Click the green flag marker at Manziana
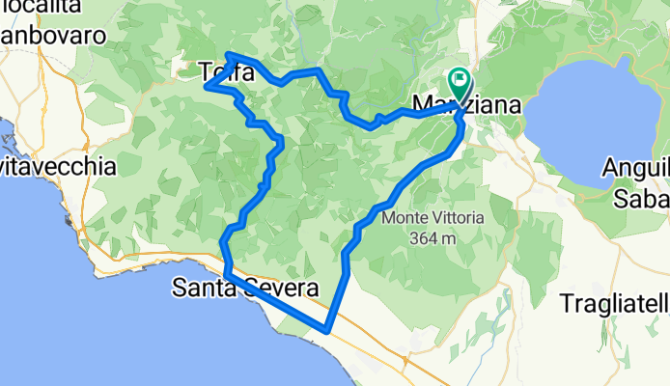pos(458,81)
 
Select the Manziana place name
pos(466,103)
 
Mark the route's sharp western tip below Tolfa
pos(207,86)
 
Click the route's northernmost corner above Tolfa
pos(228,54)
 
